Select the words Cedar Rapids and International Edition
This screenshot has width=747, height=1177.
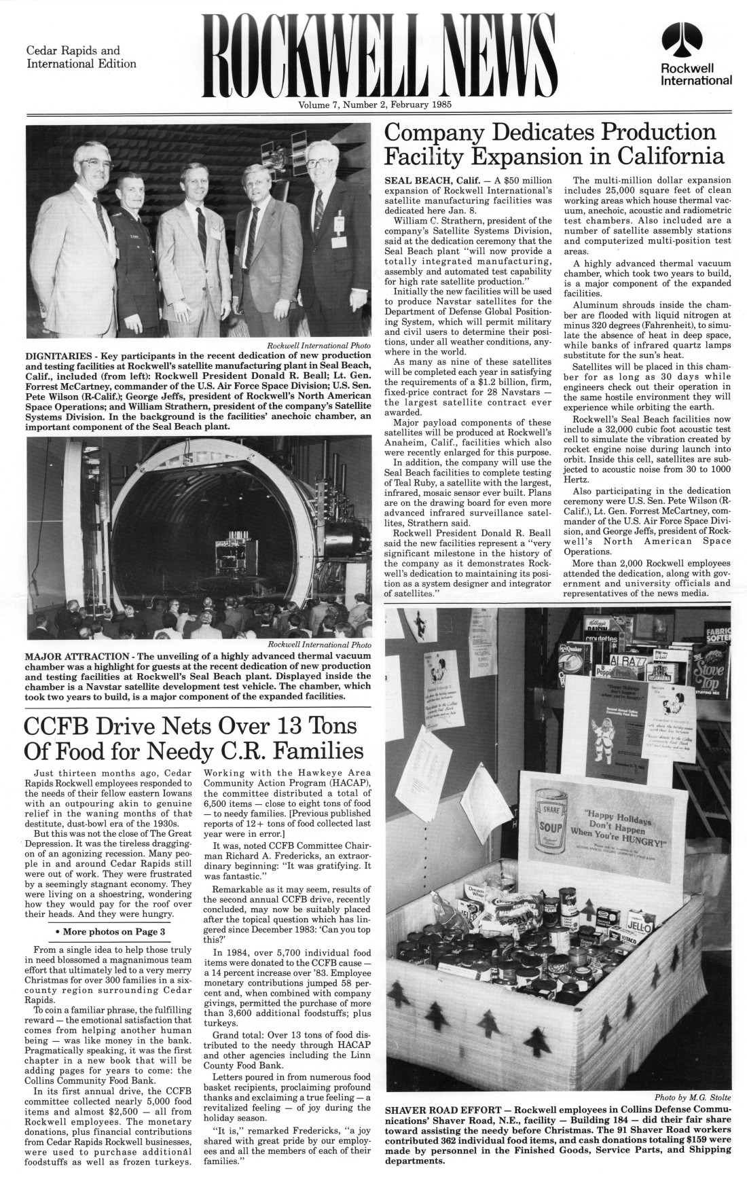tap(81, 57)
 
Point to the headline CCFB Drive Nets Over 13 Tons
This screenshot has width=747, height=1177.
tap(190, 738)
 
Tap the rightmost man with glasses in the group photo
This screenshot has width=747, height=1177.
tap(325, 162)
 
